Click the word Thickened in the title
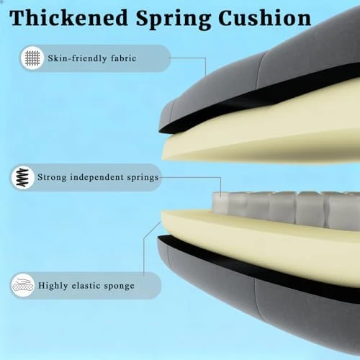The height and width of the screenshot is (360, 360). (x=68, y=18)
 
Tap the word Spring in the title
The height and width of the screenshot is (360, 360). (x=174, y=19)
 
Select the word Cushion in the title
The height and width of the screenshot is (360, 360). (x=265, y=18)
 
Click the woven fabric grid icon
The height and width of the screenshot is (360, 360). (x=32, y=58)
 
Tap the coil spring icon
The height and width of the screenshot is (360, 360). (x=23, y=178)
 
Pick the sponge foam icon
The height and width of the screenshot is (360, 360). (x=23, y=285)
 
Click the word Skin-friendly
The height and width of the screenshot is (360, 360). (x=77, y=58)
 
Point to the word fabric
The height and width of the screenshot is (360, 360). (x=124, y=58)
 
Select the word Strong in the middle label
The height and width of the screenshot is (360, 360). (x=52, y=177)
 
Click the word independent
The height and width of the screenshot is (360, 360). (x=96, y=177)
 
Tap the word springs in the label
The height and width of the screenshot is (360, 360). (x=143, y=178)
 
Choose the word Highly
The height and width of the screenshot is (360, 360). (x=53, y=286)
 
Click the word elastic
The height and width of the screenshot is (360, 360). (x=86, y=285)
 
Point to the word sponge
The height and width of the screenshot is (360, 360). (x=119, y=287)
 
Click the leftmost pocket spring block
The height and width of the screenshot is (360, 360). (x=220, y=203)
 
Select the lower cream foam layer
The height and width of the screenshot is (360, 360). (x=264, y=243)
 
